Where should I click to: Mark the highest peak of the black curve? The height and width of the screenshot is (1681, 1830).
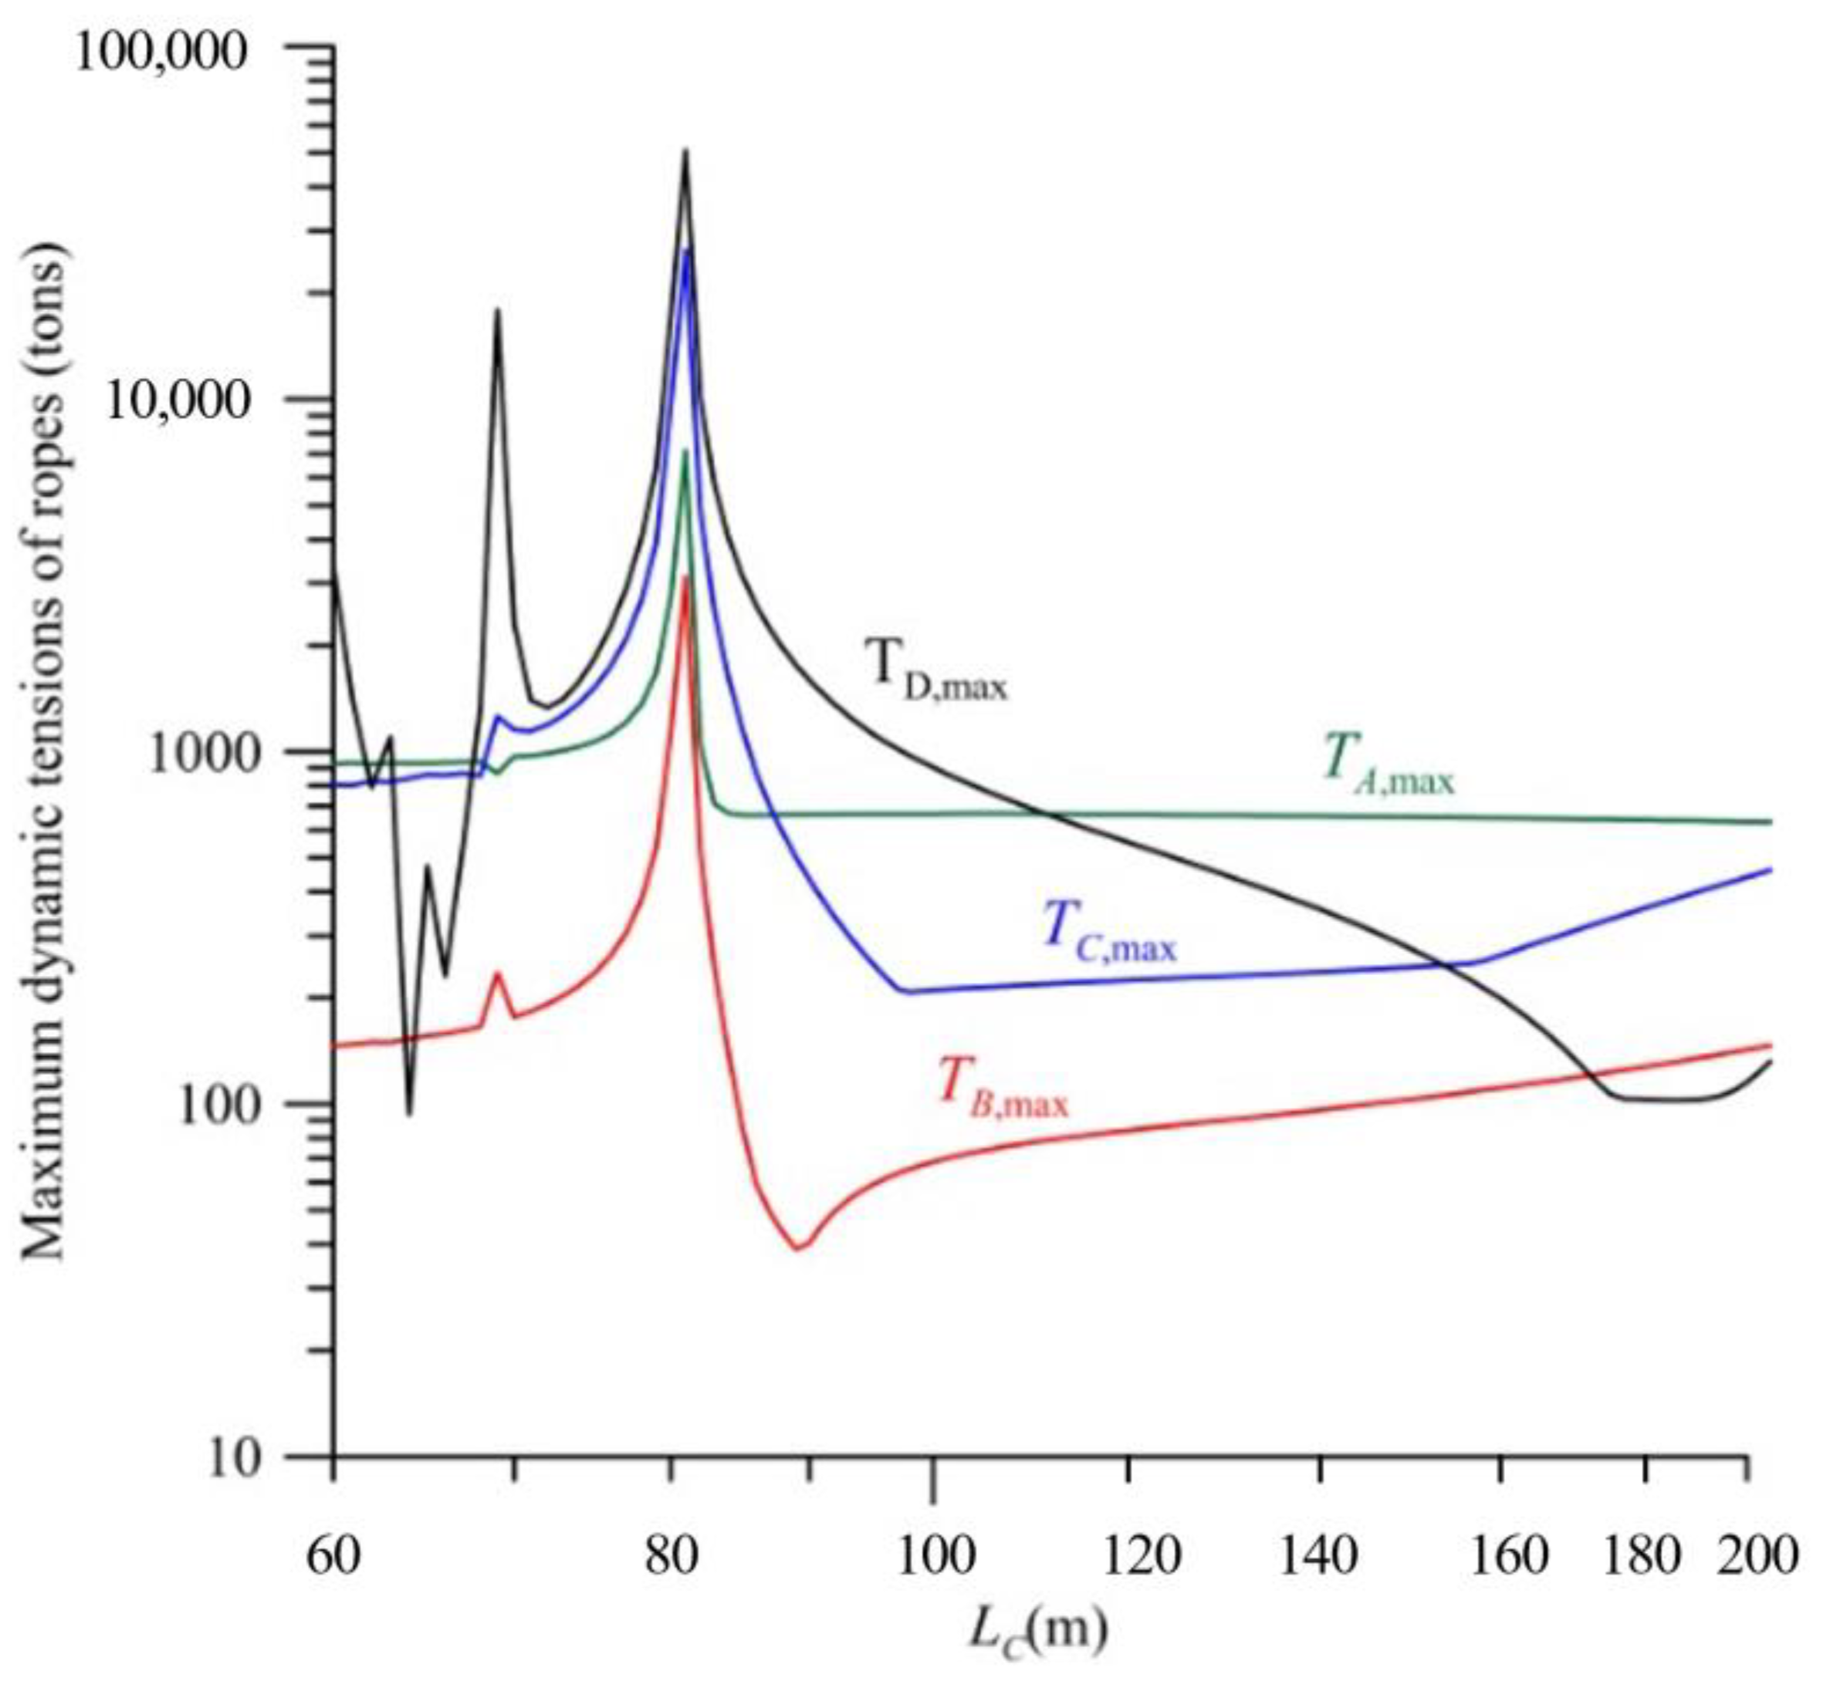[x=686, y=151]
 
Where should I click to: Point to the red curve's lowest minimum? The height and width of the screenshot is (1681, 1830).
[x=798, y=1248]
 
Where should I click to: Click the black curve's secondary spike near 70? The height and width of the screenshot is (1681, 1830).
[x=497, y=311]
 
